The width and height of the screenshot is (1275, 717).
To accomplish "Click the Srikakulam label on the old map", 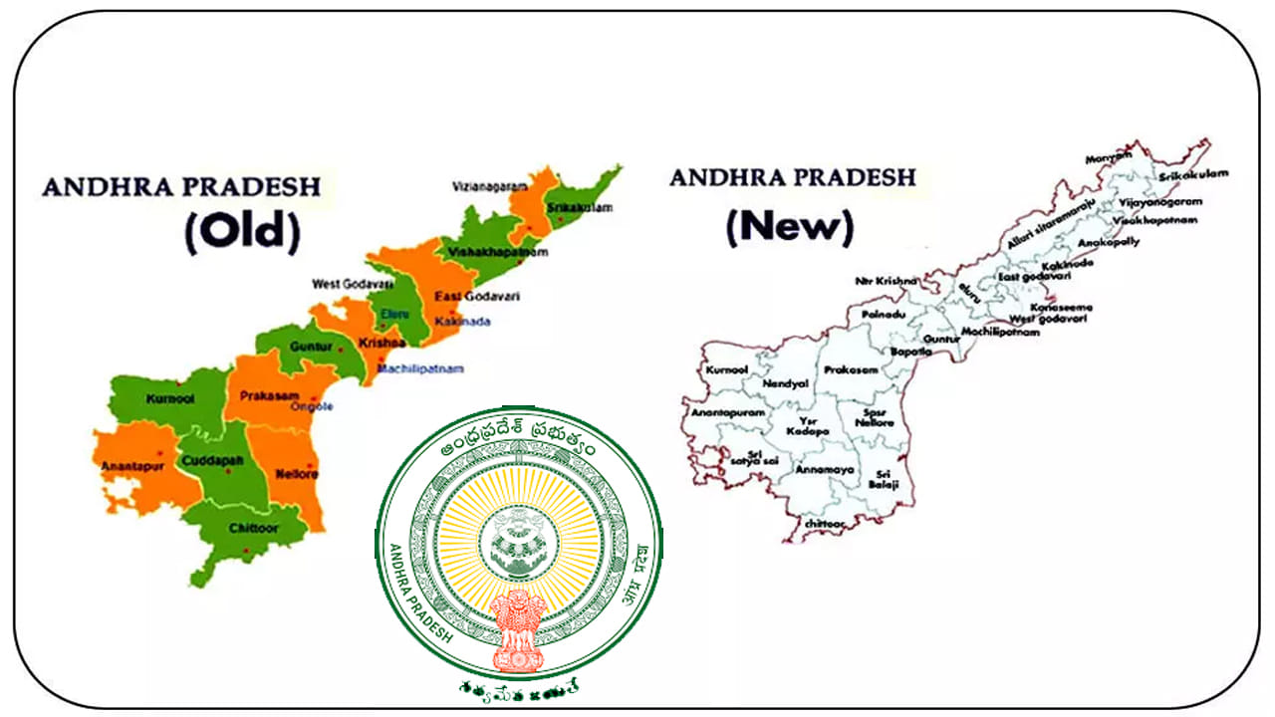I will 581,208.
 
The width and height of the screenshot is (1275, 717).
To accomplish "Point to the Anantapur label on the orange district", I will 128,465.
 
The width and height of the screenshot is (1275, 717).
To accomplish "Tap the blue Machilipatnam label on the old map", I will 420,369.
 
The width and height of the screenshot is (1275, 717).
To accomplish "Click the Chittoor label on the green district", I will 252,528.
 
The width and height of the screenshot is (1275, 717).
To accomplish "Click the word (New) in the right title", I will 790,226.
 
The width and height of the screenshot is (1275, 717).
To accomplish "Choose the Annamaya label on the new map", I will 821,468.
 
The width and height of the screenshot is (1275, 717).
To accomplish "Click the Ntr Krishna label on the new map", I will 886,281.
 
